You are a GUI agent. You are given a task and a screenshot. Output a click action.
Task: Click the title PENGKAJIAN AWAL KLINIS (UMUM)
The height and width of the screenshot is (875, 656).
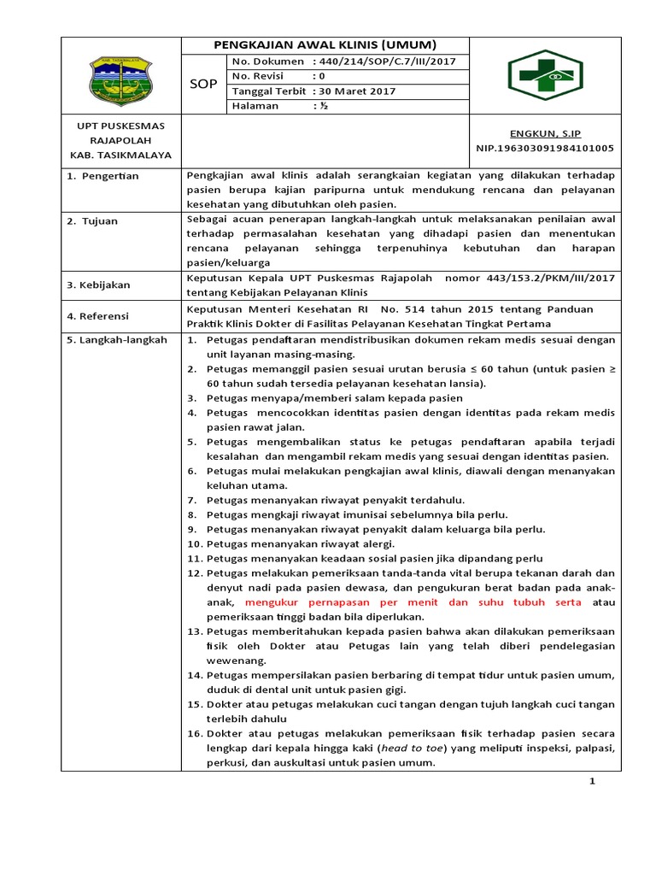click(x=325, y=45)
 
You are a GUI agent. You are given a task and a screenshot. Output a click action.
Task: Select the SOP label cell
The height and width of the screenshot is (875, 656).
click(x=202, y=84)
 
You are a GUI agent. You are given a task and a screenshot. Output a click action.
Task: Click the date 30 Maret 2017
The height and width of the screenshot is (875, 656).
click(x=353, y=91)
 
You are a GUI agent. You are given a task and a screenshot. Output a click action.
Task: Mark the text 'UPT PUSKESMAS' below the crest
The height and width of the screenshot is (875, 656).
click(x=120, y=126)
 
